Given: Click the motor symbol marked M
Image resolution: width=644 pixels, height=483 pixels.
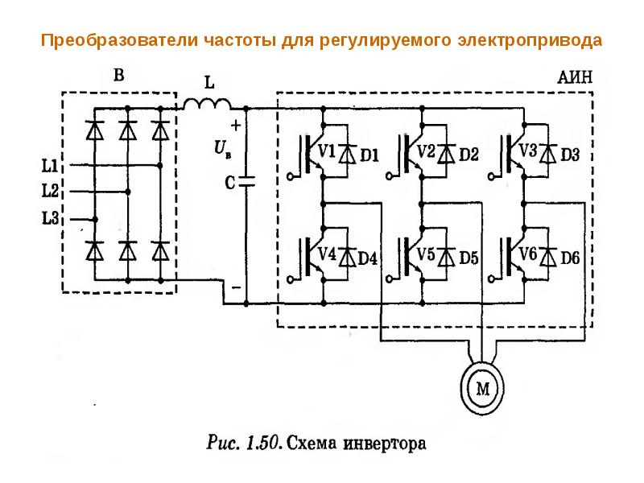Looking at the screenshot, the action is [482, 387].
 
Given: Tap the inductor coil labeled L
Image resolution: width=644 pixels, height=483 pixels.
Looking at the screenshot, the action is [207, 104].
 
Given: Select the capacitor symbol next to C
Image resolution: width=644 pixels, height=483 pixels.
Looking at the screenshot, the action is [246, 182].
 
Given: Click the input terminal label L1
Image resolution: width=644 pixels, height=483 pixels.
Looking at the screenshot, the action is [50, 166].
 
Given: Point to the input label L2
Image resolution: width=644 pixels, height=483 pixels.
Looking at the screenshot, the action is [50, 191].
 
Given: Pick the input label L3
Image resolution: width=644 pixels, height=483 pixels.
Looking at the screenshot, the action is [50, 217].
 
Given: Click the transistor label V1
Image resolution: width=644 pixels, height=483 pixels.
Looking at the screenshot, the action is [327, 151].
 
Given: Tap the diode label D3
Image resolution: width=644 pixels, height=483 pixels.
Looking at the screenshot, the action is [570, 155].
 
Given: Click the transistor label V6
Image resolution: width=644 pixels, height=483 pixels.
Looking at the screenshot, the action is [528, 254].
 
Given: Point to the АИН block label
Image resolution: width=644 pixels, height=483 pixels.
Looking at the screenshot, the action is [575, 77].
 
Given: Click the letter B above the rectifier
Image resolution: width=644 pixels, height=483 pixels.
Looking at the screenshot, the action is [118, 75].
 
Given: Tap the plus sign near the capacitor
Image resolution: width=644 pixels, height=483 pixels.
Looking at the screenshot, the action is [236, 126].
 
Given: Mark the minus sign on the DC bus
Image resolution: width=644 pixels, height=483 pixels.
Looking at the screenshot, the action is [236, 287].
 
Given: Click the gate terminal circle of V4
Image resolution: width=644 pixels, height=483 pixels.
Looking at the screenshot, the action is [291, 279].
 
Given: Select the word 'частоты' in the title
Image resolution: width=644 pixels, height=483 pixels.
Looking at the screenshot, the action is [239, 40].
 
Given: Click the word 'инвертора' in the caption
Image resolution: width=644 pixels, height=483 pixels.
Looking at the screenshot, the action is [385, 444].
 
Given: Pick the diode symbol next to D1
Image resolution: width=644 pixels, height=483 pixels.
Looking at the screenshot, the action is [348, 154].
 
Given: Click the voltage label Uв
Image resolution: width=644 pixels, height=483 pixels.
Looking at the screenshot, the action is [222, 148].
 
